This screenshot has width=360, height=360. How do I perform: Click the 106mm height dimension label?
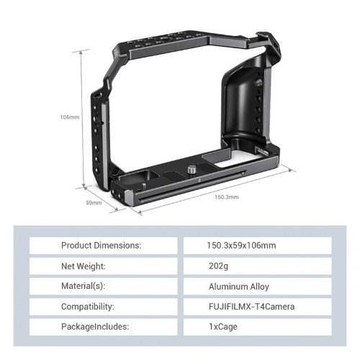coord(70,117)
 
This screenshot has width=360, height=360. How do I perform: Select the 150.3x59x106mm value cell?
coord(258,246)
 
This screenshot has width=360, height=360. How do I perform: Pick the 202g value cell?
coord(258,266)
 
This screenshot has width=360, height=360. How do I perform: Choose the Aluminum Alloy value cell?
coord(258,286)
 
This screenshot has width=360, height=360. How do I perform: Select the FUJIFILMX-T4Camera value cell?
coord(258,306)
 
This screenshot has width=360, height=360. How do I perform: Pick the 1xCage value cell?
coord(258,326)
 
